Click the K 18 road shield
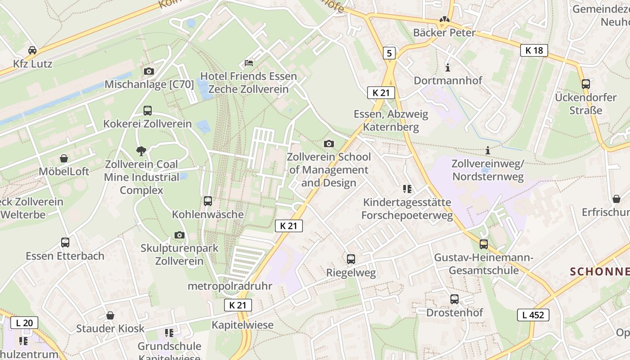(534, 50)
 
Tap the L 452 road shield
(533, 315)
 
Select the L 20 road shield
(24, 322)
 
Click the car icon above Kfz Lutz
(32, 50)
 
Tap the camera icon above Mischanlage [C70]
(149, 71)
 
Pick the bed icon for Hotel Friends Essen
(249, 63)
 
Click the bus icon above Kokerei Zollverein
(148, 110)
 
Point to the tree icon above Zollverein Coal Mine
(141, 151)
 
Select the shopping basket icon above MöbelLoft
(64, 158)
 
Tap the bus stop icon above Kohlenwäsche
(208, 201)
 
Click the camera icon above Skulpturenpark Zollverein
(180, 235)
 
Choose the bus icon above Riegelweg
(351, 259)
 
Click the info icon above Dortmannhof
(448, 67)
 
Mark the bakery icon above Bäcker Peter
(445, 20)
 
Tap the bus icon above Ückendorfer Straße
(586, 84)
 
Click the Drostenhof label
(454, 312)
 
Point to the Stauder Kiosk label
(110, 328)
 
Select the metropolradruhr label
(230, 286)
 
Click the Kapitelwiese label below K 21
(243, 324)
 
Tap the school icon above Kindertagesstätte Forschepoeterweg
(407, 189)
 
